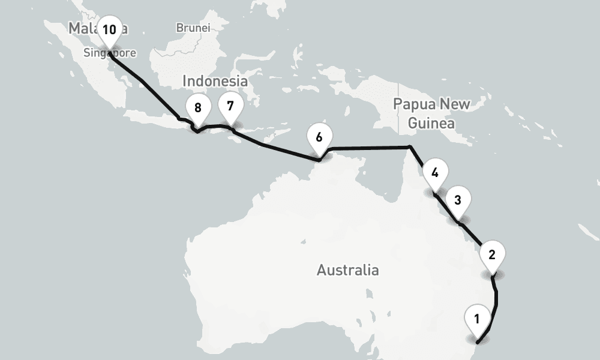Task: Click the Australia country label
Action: click(x=347, y=270)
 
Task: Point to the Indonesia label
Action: click(x=215, y=81)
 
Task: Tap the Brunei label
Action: click(x=193, y=28)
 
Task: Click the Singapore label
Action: click(x=110, y=53)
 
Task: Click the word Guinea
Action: click(x=431, y=124)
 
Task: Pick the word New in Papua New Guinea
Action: click(x=455, y=104)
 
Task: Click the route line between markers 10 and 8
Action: click(x=144, y=83)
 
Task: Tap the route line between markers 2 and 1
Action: click(x=496, y=300)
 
